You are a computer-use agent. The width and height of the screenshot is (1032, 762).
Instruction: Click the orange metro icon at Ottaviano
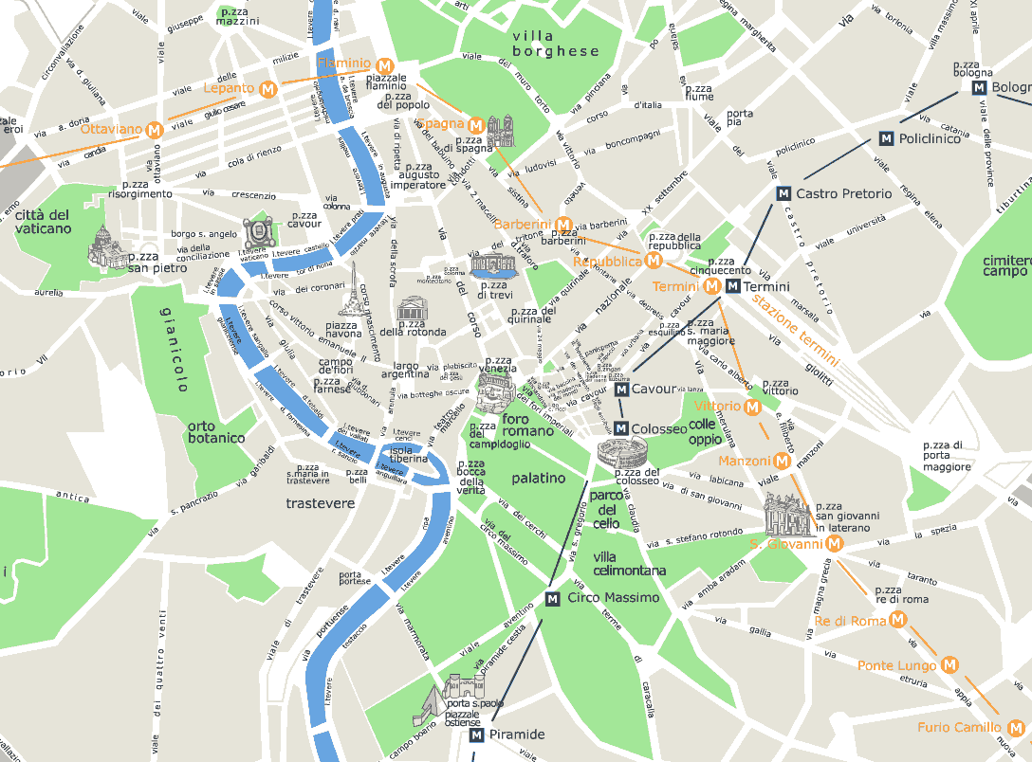click(153, 130)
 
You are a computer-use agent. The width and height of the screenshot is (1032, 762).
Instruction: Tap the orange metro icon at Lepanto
click(268, 89)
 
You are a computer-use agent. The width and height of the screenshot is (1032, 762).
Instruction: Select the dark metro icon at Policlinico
click(887, 138)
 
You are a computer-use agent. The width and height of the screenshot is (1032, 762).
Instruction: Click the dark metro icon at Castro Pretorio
click(783, 193)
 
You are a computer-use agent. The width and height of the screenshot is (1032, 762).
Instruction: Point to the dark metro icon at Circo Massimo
click(554, 598)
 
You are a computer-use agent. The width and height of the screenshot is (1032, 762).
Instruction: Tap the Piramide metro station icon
click(476, 735)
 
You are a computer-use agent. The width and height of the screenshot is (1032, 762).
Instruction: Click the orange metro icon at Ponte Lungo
click(949, 665)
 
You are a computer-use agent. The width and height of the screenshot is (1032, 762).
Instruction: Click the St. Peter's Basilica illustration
click(107, 249)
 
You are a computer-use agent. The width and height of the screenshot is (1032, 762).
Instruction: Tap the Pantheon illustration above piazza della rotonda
click(413, 309)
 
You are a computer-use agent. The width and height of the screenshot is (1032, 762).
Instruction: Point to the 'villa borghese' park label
click(556, 44)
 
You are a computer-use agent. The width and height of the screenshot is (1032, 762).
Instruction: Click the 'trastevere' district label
click(320, 503)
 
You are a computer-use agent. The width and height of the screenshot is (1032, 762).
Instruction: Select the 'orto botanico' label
click(216, 431)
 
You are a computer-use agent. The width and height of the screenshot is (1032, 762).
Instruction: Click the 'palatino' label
click(538, 479)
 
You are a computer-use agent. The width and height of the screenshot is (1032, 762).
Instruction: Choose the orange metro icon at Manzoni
click(782, 461)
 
